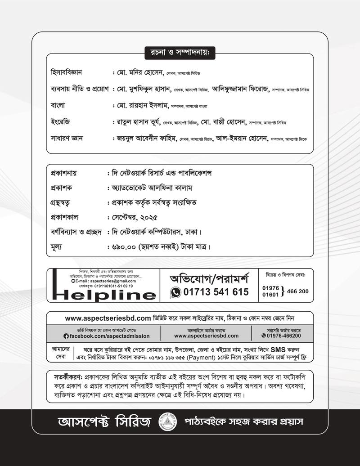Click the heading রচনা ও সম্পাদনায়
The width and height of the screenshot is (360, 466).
[180, 53]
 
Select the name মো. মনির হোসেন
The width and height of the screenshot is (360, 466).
[140, 72]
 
